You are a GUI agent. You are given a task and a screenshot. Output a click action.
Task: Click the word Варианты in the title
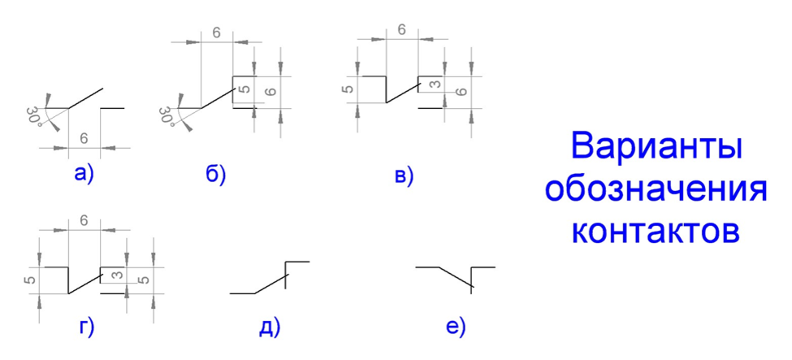click(656, 148)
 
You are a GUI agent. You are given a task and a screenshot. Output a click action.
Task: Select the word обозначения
click(656, 190)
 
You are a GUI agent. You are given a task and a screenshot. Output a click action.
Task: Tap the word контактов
click(656, 231)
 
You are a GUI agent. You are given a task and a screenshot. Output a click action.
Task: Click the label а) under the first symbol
click(84, 172)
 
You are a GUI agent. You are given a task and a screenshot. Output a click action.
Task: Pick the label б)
click(215, 173)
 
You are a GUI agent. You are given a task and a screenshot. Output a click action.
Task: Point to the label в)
click(404, 174)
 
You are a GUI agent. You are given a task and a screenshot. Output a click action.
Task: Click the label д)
click(269, 327)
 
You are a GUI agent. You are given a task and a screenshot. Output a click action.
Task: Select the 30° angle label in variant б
click(167, 116)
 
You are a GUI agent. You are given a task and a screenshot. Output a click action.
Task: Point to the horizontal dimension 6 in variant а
click(84, 139)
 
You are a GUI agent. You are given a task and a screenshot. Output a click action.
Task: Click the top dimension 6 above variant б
click(217, 33)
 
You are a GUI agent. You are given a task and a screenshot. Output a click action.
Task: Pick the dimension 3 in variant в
click(435, 85)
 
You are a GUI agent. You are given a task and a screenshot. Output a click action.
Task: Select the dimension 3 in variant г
click(117, 276)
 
